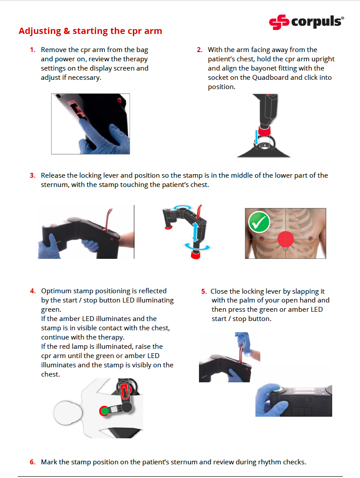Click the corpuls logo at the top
[x=307, y=22]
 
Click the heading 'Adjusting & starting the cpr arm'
[x=90, y=31]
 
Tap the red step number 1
[x=33, y=50]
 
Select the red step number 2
[x=200, y=50]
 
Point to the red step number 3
[x=33, y=176]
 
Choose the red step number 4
[x=33, y=291]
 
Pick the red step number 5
[x=204, y=291]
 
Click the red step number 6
[x=33, y=462]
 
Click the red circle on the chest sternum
[x=285, y=239]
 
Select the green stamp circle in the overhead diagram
[x=105, y=411]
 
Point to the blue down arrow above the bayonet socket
[x=256, y=136]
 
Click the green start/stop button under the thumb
[x=278, y=389]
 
